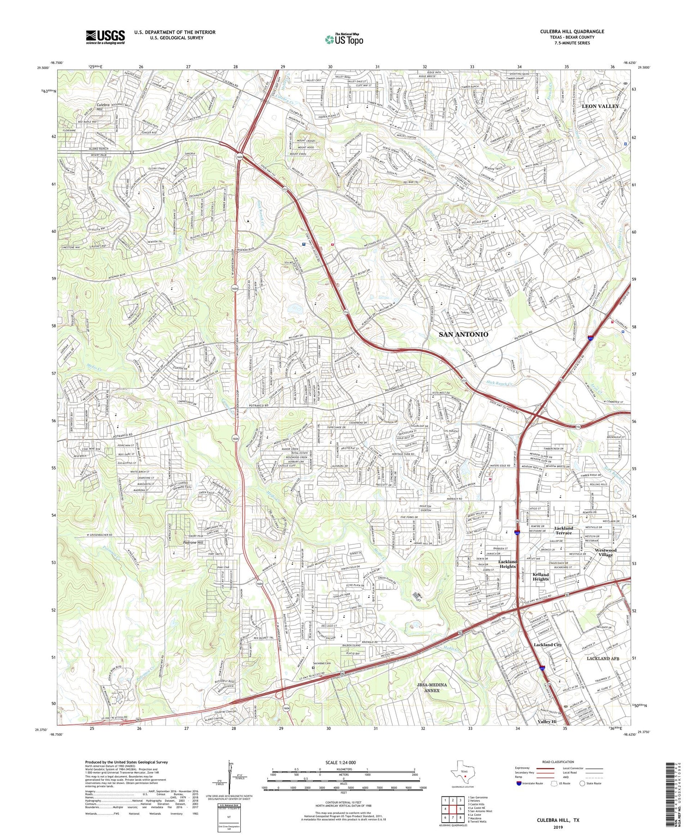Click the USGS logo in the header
click(105, 36)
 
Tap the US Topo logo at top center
click(344, 39)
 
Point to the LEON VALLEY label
click(600, 106)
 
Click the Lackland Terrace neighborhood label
click(563, 530)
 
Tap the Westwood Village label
click(605, 552)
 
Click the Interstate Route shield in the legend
click(519, 783)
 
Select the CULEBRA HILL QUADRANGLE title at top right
click(572, 31)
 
